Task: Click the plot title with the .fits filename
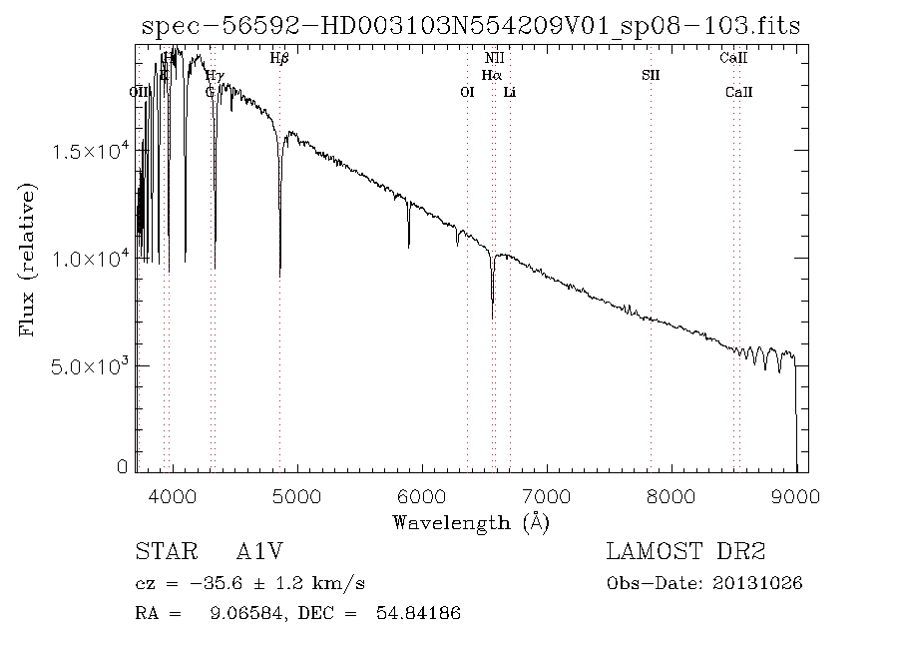point(471,25)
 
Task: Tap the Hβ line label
point(279,59)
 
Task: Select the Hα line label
point(491,75)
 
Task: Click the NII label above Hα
point(494,59)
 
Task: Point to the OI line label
point(466,92)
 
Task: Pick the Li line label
point(510,92)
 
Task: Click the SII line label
point(651,75)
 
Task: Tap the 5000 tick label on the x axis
point(297,496)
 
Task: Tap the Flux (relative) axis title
point(28,259)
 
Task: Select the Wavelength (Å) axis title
point(471,522)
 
